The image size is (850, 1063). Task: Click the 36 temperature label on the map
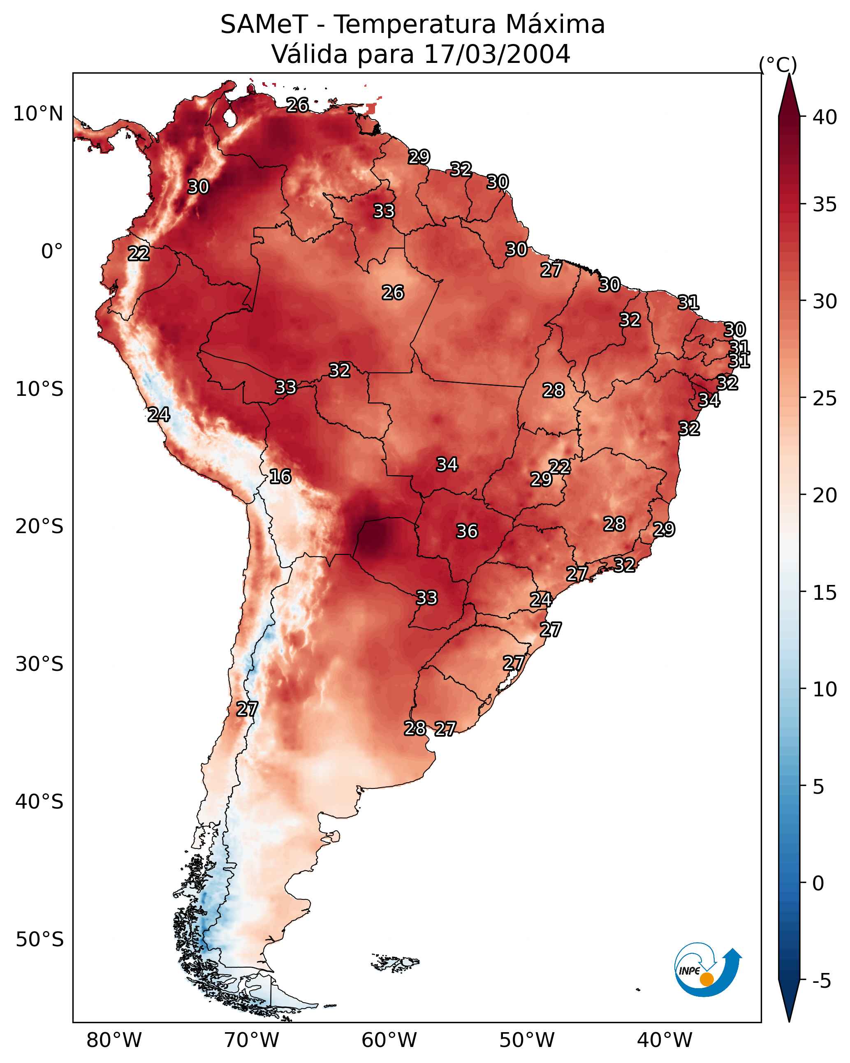tap(467, 531)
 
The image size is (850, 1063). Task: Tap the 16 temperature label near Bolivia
tap(280, 476)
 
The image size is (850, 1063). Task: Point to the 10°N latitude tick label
tap(38, 114)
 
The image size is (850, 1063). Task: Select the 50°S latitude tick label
tap(39, 940)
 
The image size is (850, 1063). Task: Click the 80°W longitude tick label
tap(114, 1040)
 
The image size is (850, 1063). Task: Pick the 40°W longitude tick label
tap(665, 1040)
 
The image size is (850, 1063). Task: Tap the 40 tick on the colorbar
tap(825, 117)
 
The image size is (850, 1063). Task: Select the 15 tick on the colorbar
tap(825, 593)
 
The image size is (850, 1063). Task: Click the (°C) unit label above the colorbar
tap(778, 65)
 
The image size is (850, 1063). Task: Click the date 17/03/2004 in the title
tap(497, 54)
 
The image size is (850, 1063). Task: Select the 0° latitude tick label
tap(52, 252)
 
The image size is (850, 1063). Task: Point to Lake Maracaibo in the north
tap(229, 117)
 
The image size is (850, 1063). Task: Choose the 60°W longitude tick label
tap(389, 1040)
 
